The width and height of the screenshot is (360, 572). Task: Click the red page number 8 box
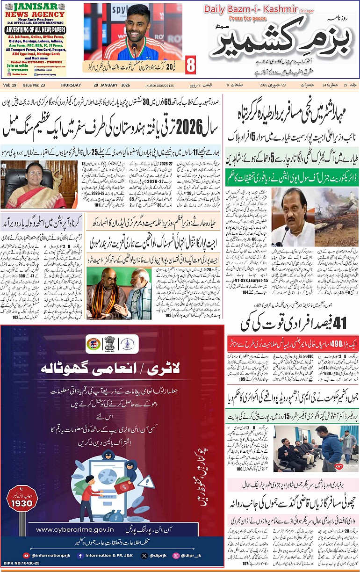190,65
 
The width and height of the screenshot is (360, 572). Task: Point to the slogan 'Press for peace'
248,18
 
